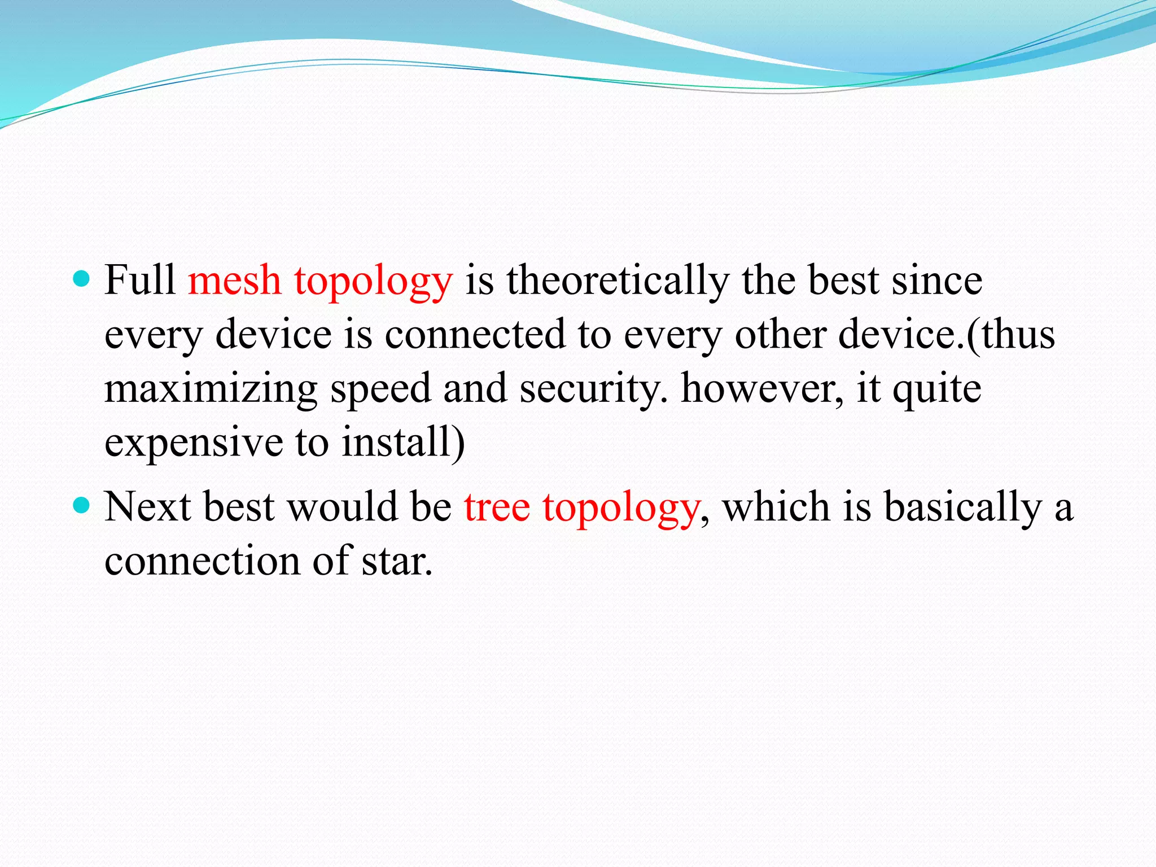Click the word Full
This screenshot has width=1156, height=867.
tap(139, 280)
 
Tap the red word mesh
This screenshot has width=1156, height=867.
tap(234, 280)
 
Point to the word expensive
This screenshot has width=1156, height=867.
tap(194, 443)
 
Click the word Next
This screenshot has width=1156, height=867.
tap(147, 506)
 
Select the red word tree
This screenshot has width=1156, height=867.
tap(497, 506)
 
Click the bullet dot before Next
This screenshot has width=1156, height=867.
tap(82, 505)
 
